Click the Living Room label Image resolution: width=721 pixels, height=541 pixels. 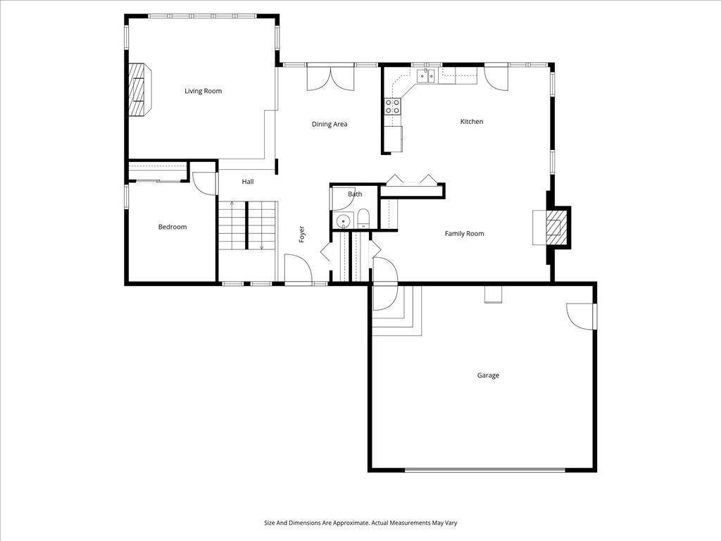(203, 91)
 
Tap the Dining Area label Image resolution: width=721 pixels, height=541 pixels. (330, 124)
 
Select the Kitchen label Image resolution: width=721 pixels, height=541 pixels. (472, 121)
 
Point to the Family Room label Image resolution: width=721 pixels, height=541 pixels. (465, 234)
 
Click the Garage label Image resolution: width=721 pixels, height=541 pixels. (488, 375)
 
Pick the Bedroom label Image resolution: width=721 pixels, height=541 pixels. (173, 227)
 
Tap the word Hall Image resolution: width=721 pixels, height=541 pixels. (248, 182)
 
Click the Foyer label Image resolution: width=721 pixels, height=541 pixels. (301, 234)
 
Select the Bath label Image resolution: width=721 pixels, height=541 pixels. (355, 194)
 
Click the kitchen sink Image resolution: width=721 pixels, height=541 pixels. (426, 76)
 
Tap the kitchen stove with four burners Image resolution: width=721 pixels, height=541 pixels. (392, 107)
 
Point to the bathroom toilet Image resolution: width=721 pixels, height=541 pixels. (363, 218)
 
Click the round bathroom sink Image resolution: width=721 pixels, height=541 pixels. (343, 222)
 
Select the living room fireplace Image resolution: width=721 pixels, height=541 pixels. (139, 89)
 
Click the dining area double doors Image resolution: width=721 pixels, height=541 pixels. (331, 77)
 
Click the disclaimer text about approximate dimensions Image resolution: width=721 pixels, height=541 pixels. (360, 523)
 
